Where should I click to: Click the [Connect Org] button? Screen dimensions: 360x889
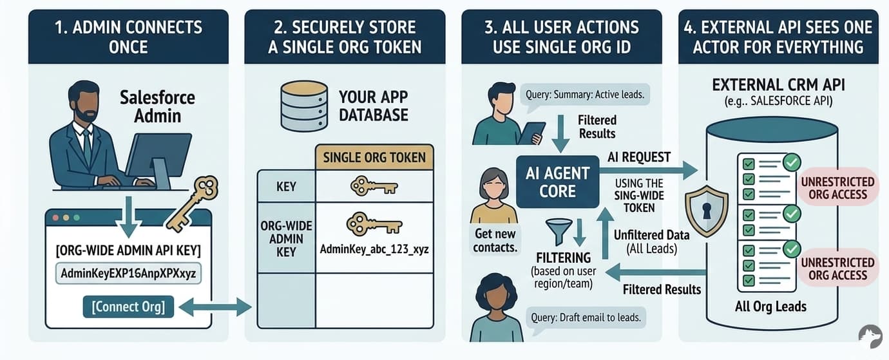(x=128, y=307)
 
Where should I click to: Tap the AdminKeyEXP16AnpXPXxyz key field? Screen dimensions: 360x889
(x=128, y=274)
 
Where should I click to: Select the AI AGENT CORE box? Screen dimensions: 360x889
(x=558, y=182)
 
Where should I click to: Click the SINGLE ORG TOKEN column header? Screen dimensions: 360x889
(x=374, y=158)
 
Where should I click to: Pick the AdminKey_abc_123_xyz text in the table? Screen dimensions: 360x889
(x=374, y=248)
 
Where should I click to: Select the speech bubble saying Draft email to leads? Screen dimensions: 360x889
(x=586, y=317)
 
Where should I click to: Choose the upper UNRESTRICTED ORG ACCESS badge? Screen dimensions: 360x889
(x=837, y=188)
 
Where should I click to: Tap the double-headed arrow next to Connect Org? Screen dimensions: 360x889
(x=215, y=307)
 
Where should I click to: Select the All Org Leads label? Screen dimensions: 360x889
(x=770, y=307)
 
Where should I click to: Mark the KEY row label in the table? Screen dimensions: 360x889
(x=286, y=187)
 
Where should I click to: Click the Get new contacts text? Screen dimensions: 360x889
(x=495, y=240)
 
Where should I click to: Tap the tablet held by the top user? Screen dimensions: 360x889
(x=533, y=133)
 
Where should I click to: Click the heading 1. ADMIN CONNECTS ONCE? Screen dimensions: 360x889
(x=128, y=37)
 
